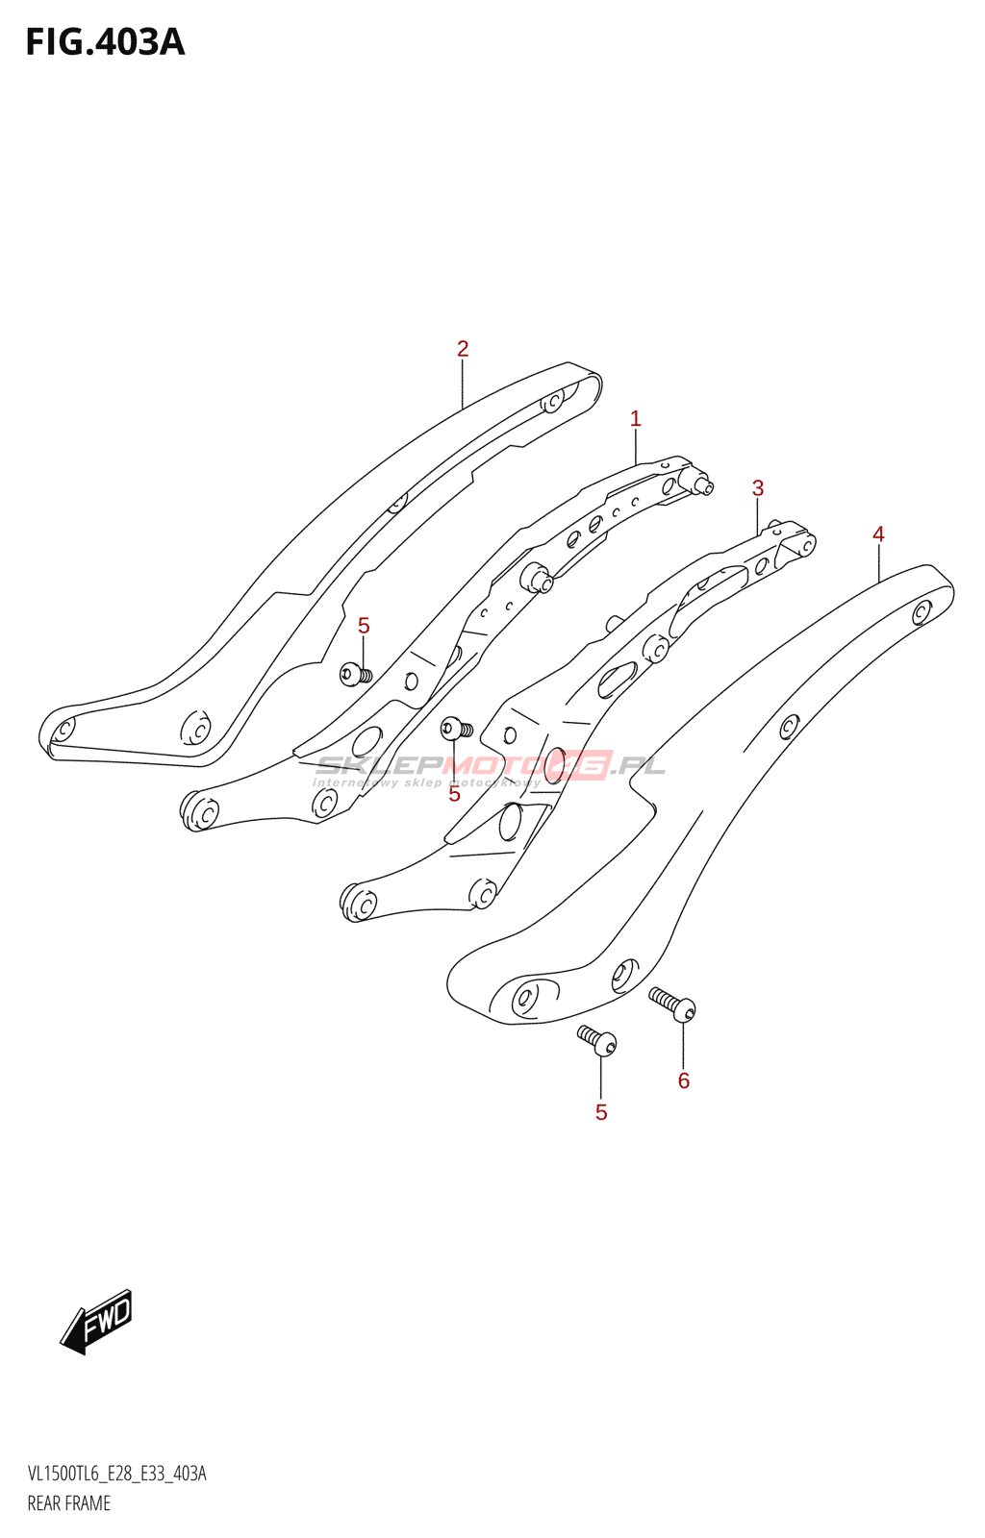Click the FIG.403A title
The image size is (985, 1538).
105,42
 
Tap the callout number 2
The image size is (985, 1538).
463,349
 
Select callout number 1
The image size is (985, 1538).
635,418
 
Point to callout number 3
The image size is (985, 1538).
758,488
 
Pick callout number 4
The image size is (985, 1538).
878,534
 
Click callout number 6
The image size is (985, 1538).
684,1080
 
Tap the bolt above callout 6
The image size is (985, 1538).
673,1005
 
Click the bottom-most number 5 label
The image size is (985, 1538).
601,1112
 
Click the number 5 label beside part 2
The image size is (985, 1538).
364,626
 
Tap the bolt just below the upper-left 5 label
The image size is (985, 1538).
355,674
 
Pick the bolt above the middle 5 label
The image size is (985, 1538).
455,728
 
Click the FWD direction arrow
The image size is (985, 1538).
97,1321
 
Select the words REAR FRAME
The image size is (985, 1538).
69,1503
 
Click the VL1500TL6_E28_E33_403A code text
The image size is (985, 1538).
116,1474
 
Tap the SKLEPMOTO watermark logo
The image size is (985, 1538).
491,766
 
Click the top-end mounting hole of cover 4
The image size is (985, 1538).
922,611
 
